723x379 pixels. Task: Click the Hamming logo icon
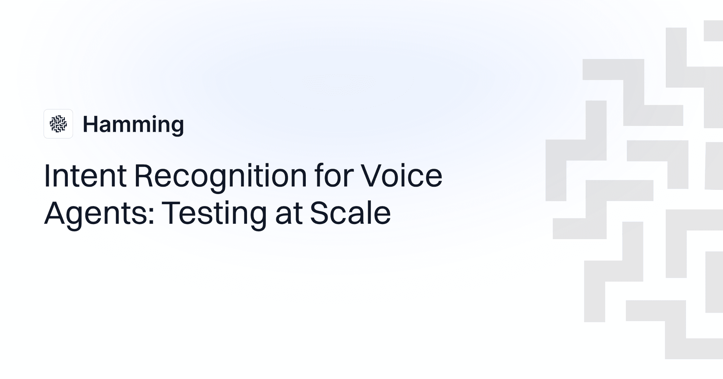coord(58,124)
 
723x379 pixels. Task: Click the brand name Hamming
coord(133,124)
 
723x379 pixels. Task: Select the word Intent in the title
coord(85,175)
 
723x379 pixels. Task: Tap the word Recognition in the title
coord(221,175)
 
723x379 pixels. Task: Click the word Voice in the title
coord(402,175)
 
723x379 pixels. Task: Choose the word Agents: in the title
coord(99,213)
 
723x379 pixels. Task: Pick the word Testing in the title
coord(214,213)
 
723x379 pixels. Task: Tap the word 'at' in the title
coord(289,213)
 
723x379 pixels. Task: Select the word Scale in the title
coord(350,213)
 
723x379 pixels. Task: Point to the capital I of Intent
coord(47,175)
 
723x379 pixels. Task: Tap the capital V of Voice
coord(372,175)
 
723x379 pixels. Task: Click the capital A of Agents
coord(55,213)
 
